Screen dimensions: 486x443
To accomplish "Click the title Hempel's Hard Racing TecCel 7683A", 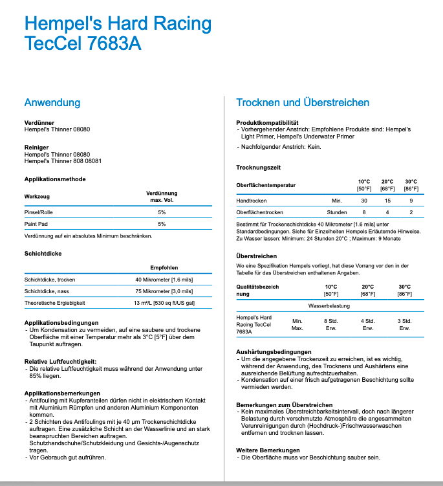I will (x=118, y=34).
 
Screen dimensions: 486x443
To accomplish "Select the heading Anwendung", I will (x=52, y=103).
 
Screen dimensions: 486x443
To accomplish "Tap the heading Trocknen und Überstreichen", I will (x=303, y=103).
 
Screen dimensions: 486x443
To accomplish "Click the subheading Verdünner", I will (x=39, y=122).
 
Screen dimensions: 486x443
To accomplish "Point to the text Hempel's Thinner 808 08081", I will (x=63, y=161).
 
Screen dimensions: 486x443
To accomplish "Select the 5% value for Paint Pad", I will (x=162, y=224).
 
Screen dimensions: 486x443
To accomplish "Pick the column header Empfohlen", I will (x=164, y=267).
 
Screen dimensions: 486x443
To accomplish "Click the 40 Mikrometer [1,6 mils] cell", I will (x=164, y=279).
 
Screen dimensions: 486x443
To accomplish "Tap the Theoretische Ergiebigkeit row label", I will (x=55, y=303).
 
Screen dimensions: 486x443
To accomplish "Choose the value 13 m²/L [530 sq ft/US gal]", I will (x=164, y=303).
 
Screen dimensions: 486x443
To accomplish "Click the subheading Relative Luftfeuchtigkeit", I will (x=60, y=361).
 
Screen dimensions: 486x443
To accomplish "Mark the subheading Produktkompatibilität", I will (x=268, y=122).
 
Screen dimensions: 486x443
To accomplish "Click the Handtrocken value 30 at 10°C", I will (x=364, y=201).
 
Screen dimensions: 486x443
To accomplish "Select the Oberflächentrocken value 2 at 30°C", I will (x=411, y=212).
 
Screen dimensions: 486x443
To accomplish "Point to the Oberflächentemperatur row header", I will (x=266, y=185).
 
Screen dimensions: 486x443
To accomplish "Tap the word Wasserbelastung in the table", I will (x=329, y=304).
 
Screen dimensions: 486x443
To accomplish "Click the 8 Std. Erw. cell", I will (x=330, y=324).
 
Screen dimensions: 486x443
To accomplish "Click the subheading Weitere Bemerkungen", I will (x=268, y=449).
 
